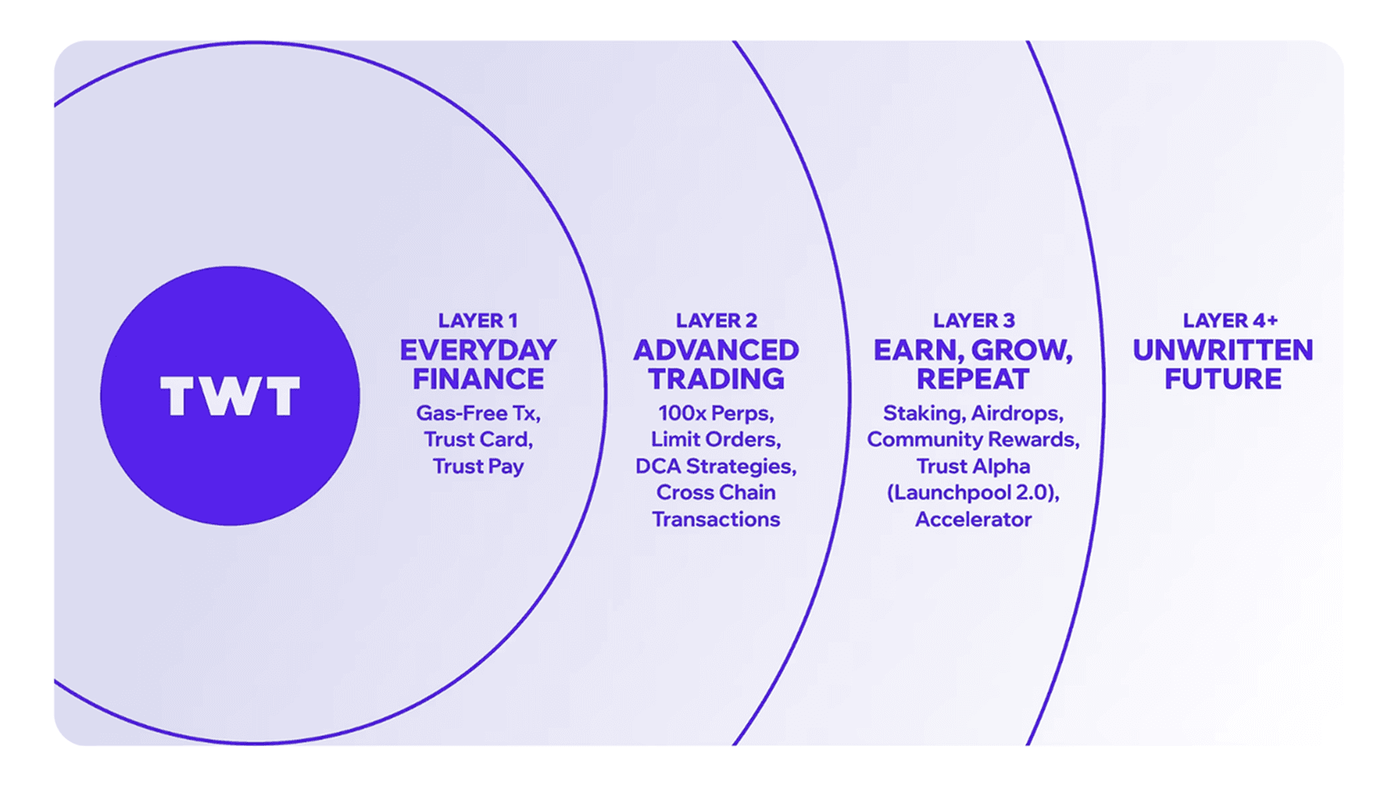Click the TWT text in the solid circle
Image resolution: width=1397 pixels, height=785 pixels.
click(x=230, y=396)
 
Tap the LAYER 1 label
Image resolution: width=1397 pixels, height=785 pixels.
click(x=477, y=320)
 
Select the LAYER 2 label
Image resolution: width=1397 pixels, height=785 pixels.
click(x=716, y=320)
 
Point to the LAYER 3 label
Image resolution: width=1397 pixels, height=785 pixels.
click(x=973, y=320)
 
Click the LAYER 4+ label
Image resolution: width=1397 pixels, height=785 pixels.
click(x=1230, y=320)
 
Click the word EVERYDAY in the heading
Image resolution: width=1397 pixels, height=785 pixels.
click(x=478, y=350)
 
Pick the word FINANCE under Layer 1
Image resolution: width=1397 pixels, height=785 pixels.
click(x=478, y=379)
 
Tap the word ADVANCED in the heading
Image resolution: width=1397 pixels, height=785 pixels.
click(x=716, y=350)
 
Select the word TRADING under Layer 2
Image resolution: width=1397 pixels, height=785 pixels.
click(x=716, y=379)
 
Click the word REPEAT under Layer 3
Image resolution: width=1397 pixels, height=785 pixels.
click(x=973, y=379)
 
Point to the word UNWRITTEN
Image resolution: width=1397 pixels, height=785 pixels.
click(x=1222, y=350)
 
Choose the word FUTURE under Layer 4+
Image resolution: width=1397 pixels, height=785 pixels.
click(x=1222, y=379)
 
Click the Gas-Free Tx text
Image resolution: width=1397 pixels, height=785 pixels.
click(x=478, y=413)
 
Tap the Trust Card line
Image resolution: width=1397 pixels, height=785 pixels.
click(x=478, y=439)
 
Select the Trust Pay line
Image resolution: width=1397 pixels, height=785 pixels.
click(x=478, y=466)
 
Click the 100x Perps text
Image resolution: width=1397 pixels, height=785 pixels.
click(x=716, y=413)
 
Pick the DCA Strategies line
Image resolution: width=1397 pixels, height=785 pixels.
click(x=716, y=466)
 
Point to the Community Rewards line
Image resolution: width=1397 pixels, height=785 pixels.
click(x=973, y=439)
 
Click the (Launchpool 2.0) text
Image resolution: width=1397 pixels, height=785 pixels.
click(x=973, y=492)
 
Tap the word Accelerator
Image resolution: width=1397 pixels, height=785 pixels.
click(x=973, y=519)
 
